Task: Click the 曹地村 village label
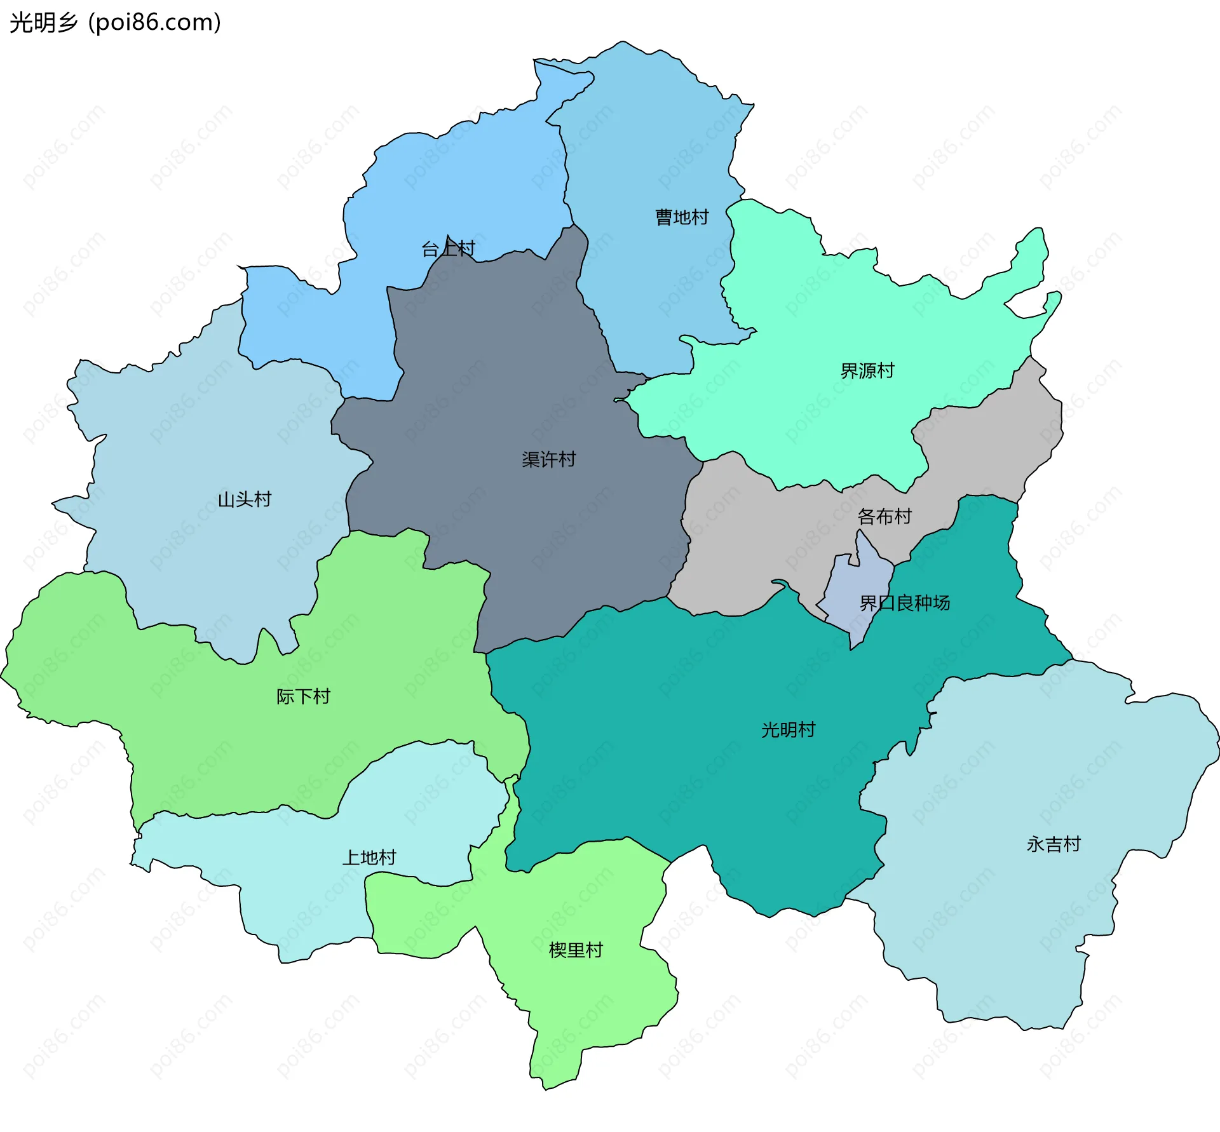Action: coord(682,217)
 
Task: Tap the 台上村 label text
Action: coord(448,248)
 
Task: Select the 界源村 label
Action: coord(867,370)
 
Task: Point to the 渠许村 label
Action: coord(548,459)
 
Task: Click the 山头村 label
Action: coord(244,499)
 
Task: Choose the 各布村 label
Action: coord(884,516)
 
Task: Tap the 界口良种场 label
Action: coord(904,602)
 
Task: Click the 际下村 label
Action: coord(303,696)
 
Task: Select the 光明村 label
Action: coord(788,729)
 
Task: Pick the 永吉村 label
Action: coord(1054,844)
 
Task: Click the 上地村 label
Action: coord(369,858)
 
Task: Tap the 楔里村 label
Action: coord(575,950)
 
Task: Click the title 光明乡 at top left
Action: coord(43,22)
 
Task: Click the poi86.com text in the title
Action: coord(154,22)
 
